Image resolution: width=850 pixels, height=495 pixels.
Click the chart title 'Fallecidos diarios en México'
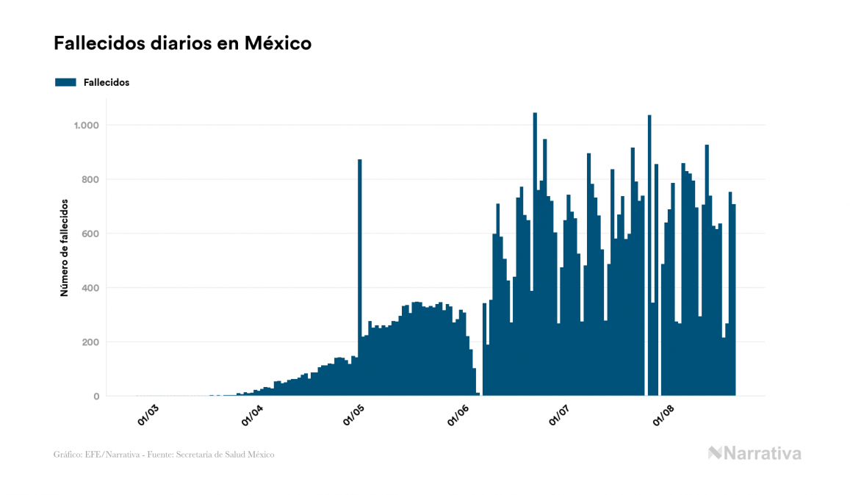tap(182, 43)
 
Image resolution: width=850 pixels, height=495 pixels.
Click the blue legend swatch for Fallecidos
tap(65, 82)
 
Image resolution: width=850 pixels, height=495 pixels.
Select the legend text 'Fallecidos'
tap(107, 82)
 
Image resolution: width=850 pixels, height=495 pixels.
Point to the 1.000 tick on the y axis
tap(85, 126)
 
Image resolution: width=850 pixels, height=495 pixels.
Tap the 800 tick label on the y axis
tap(90, 180)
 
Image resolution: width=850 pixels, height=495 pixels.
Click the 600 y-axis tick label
tap(90, 234)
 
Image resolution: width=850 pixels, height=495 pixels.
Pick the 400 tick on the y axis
tap(90, 288)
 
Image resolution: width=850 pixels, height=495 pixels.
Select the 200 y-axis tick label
tap(90, 342)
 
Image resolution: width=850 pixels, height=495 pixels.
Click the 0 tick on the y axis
tap(96, 397)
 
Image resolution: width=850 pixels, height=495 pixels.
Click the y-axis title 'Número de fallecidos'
tap(64, 247)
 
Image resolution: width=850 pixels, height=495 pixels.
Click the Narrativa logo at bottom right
tap(754, 453)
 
